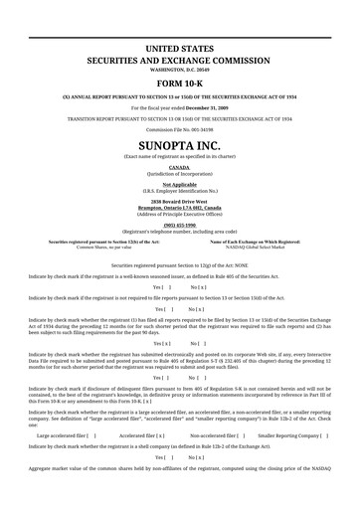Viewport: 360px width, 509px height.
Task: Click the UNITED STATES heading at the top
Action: (x=179, y=48)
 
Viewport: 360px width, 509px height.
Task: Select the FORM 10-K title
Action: (x=179, y=83)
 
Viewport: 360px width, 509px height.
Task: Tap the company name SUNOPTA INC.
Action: (x=179, y=145)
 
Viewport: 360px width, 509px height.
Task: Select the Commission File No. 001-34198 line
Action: (x=179, y=131)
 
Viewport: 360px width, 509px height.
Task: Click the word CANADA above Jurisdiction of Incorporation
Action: (x=179, y=168)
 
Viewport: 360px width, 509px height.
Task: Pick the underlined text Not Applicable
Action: (x=179, y=185)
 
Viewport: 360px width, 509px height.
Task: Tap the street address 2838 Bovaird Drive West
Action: (x=179, y=201)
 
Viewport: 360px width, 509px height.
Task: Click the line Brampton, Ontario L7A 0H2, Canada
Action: (x=179, y=207)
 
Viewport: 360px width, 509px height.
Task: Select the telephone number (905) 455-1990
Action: (x=179, y=224)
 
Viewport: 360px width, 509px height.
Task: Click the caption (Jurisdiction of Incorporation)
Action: (x=179, y=174)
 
